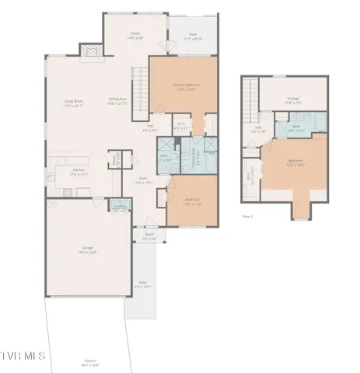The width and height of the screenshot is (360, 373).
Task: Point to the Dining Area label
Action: click(118, 101)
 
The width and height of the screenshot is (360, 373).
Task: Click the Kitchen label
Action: click(79, 173)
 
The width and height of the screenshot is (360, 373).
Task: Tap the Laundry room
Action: click(121, 208)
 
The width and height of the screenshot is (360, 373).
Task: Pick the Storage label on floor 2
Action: click(293, 99)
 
